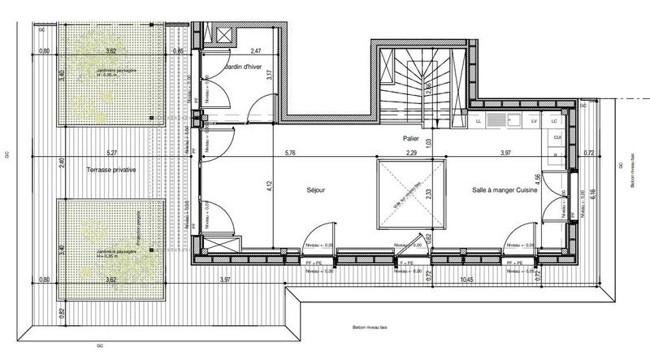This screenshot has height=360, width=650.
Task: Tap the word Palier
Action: tap(409, 139)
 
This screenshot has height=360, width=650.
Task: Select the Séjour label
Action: tap(316, 190)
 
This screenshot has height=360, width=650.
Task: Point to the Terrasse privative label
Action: tap(111, 171)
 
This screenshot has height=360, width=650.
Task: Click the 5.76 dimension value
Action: tap(290, 152)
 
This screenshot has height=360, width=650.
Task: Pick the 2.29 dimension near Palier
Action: tap(411, 152)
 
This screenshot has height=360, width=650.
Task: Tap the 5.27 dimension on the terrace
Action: tap(111, 152)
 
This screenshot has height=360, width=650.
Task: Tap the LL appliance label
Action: tap(479, 121)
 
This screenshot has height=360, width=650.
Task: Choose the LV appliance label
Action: tap(534, 121)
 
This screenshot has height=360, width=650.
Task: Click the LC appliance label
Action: tap(554, 121)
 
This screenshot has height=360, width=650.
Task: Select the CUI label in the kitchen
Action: tap(557, 137)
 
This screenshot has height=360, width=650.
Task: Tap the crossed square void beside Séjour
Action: tap(410, 193)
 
